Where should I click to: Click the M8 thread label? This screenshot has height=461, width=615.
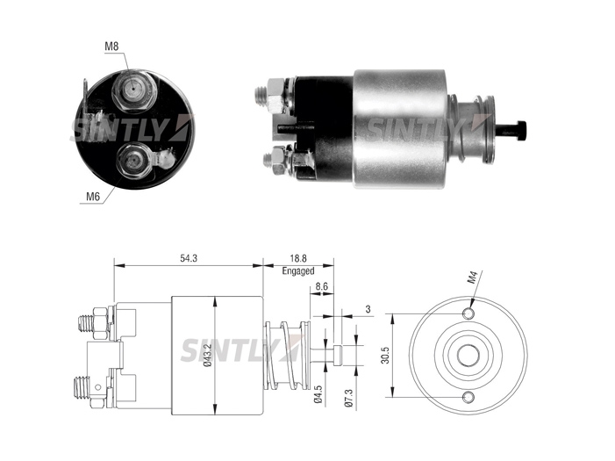pyautogui.click(x=111, y=47)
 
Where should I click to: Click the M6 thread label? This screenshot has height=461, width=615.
pyautogui.click(x=93, y=197)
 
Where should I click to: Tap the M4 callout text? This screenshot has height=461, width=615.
pyautogui.click(x=473, y=278)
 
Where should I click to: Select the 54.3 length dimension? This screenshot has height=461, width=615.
pyautogui.click(x=189, y=258)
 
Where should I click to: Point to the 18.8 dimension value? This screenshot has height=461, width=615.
pyautogui.click(x=298, y=258)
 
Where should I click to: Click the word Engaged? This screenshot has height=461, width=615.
pyautogui.click(x=298, y=271)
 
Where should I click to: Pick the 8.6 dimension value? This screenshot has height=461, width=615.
pyautogui.click(x=322, y=286)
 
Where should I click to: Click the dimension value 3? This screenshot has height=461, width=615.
pyautogui.click(x=368, y=309)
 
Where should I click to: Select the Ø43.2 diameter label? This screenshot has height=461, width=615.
pyautogui.click(x=208, y=356)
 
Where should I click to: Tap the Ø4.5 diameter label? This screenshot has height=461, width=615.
pyautogui.click(x=318, y=394)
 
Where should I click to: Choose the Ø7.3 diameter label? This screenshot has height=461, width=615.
pyautogui.click(x=349, y=397)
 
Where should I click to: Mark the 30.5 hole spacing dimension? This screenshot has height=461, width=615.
pyautogui.click(x=385, y=356)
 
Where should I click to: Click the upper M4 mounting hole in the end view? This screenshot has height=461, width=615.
pyautogui.click(x=468, y=313)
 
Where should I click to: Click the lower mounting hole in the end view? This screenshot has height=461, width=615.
pyautogui.click(x=468, y=398)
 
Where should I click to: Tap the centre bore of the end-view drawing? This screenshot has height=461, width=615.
pyautogui.click(x=468, y=355)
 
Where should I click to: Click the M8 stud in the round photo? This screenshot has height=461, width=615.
pyautogui.click(x=133, y=90)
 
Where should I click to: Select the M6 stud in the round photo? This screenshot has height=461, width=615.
pyautogui.click(x=133, y=161)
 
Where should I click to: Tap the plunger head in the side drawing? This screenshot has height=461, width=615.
pyautogui.click(x=338, y=355)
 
